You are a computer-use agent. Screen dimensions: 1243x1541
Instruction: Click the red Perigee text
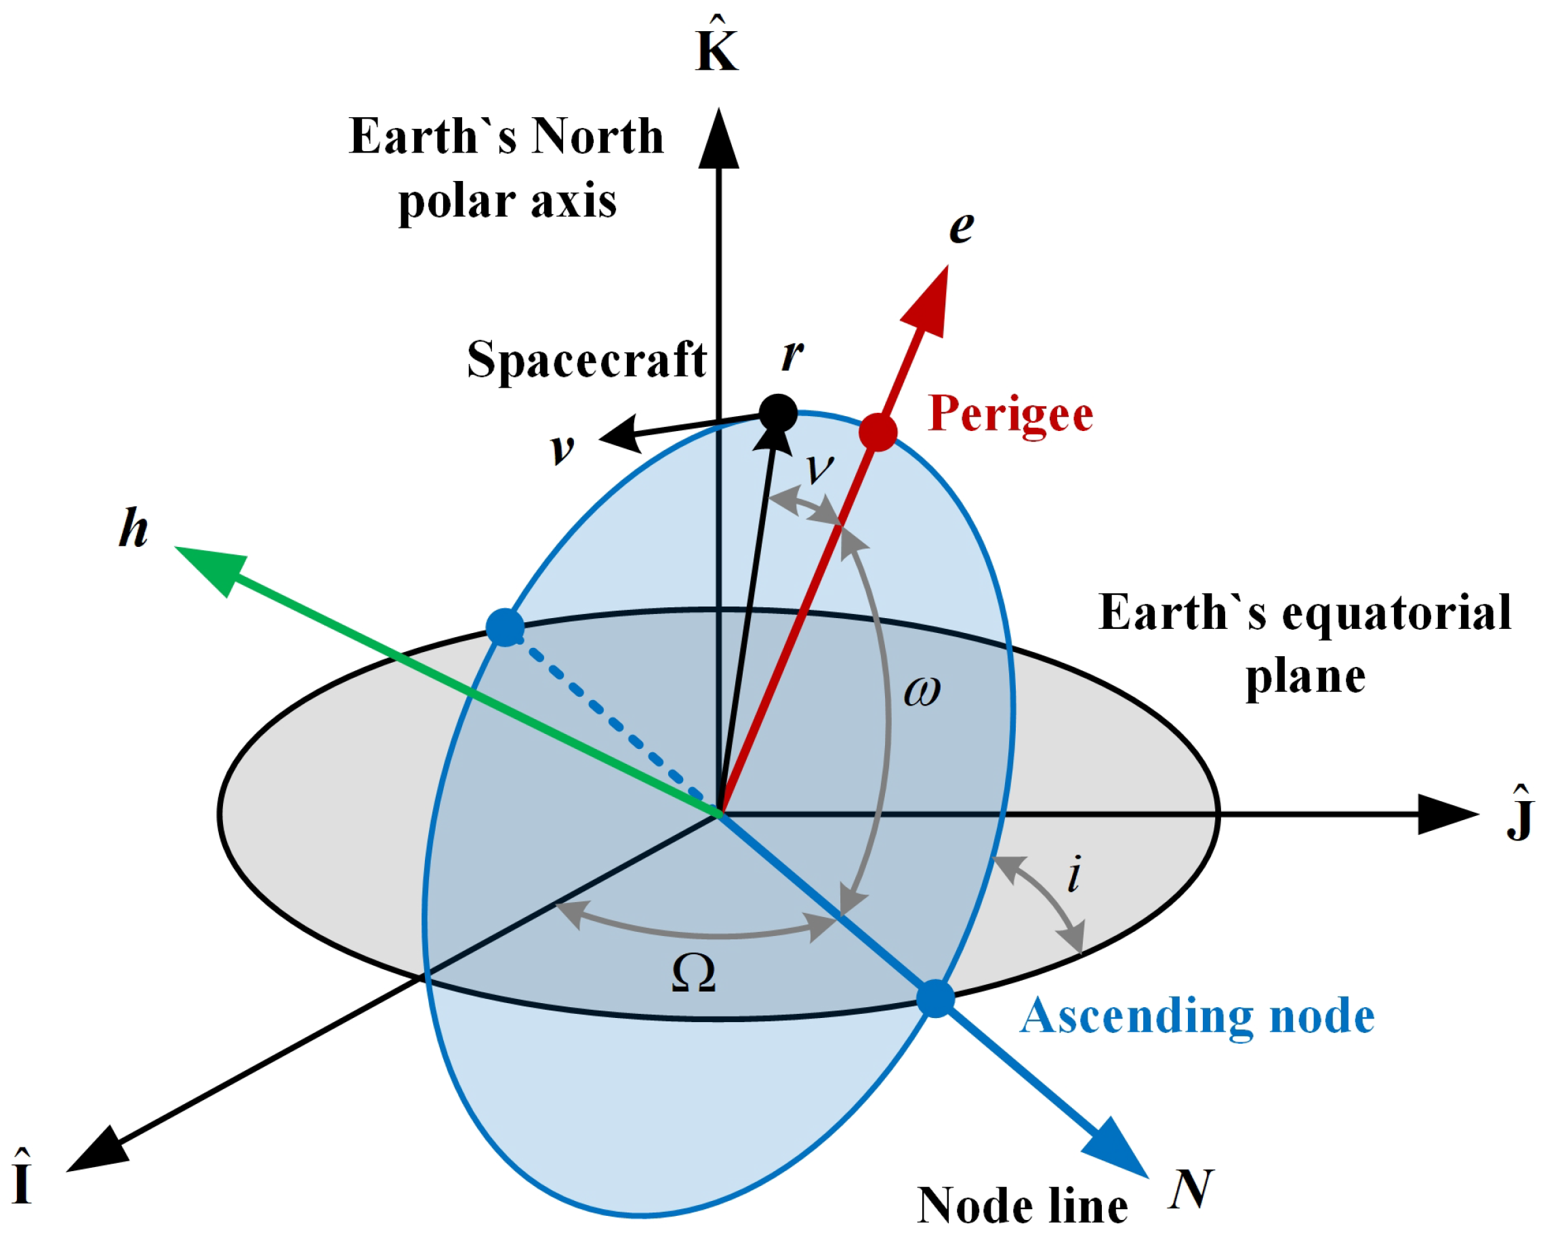coord(1010,414)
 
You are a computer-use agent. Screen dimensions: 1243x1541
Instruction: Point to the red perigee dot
coord(878,431)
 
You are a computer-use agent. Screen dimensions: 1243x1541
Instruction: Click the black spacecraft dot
coord(777,413)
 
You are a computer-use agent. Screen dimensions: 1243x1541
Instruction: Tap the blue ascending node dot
coord(935,999)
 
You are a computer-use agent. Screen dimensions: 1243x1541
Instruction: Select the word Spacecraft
coord(586,360)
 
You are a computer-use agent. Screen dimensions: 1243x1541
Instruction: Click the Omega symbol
coord(693,974)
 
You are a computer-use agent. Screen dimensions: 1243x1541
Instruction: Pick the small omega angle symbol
coord(922,692)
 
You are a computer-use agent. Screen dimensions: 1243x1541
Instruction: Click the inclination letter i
coord(1073,874)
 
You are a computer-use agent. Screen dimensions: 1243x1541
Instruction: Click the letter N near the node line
coord(1190,1188)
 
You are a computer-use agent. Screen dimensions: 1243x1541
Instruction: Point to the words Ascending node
coord(1197,1016)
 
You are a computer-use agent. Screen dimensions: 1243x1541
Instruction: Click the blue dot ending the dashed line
coord(506,627)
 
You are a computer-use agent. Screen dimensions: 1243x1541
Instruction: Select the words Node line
coord(1022,1206)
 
